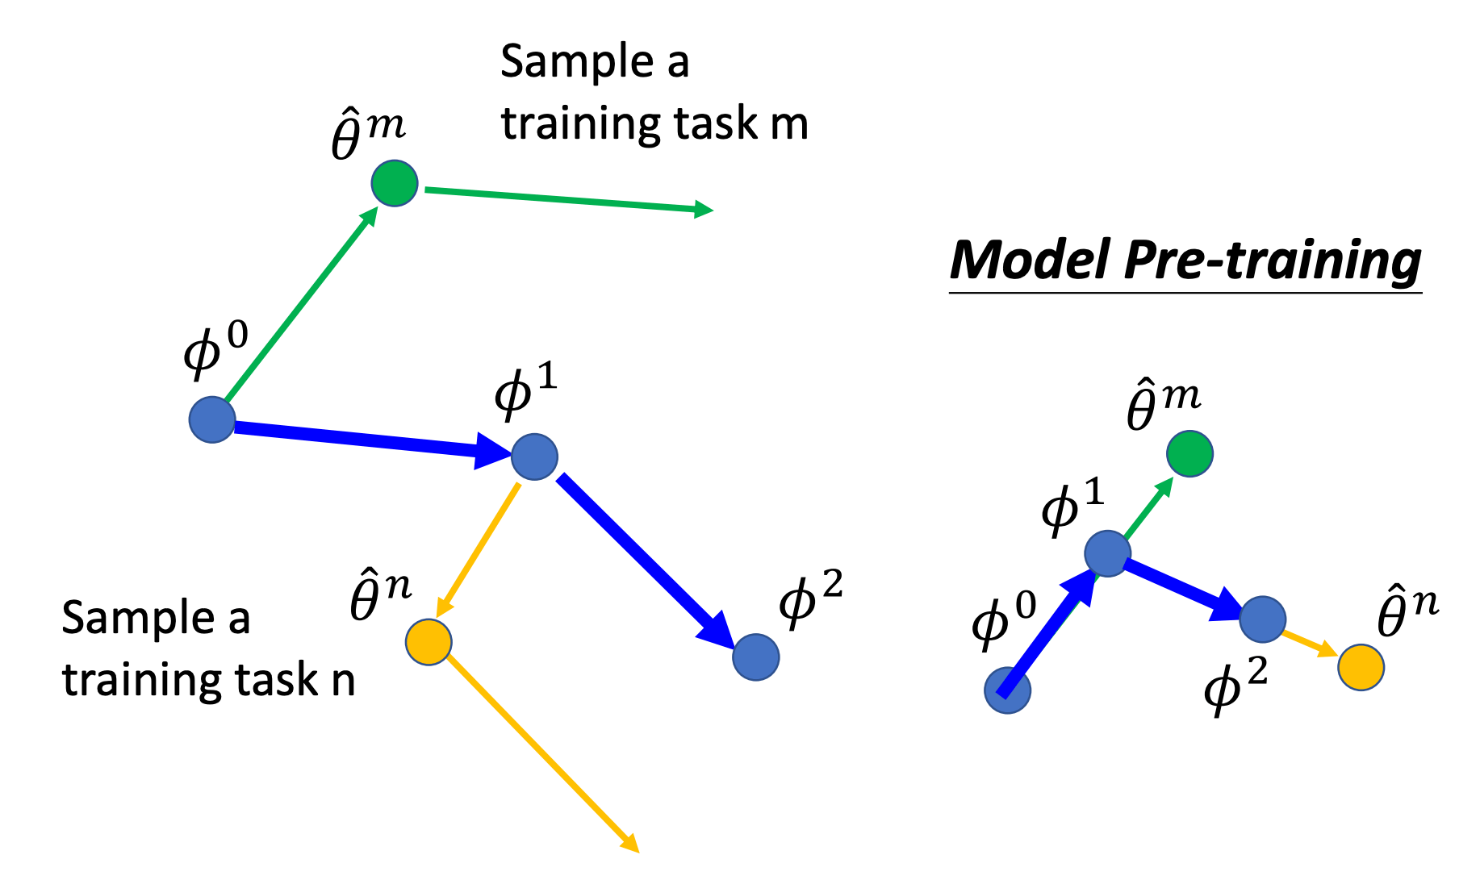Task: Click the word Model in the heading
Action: [1030, 261]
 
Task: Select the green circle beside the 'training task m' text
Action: [395, 183]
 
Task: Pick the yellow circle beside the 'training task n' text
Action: [429, 642]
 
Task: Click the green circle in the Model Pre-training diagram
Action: [1189, 453]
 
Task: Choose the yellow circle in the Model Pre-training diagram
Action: [1361, 667]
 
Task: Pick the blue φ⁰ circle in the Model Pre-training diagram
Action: [1007, 691]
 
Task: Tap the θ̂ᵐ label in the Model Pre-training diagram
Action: [1162, 405]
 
